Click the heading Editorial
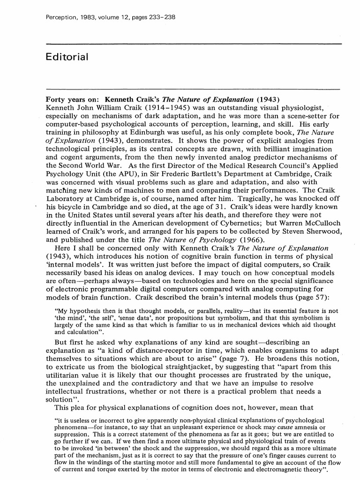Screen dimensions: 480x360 [x=67, y=57]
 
